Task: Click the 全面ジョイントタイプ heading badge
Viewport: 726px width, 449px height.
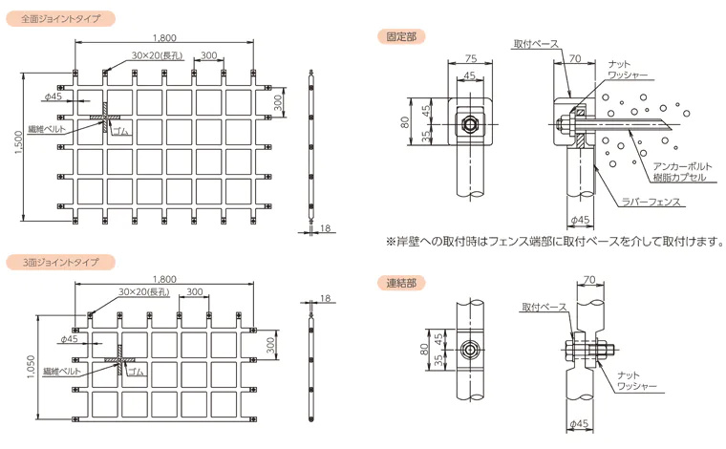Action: tap(60, 19)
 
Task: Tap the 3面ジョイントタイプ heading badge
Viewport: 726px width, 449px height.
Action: tap(60, 263)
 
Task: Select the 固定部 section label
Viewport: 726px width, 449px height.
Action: tap(401, 36)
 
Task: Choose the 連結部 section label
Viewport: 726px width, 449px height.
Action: tap(401, 283)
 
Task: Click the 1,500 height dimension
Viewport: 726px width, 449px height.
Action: tap(18, 142)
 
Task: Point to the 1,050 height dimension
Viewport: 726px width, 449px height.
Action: tap(31, 367)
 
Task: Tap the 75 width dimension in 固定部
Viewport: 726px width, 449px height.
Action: tap(470, 58)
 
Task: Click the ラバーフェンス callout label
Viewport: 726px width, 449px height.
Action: tap(651, 202)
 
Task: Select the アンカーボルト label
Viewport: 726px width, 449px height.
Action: tap(682, 166)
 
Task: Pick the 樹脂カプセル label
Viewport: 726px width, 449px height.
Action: tap(679, 178)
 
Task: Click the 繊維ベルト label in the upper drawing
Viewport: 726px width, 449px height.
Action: tap(47, 129)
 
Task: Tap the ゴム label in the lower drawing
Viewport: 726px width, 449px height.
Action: tap(136, 372)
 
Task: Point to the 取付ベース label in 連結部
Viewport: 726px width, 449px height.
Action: tap(544, 307)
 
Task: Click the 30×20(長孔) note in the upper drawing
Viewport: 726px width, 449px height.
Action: tap(158, 55)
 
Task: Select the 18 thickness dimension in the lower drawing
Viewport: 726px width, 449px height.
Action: tap(326, 298)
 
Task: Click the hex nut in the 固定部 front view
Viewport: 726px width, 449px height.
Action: tap(470, 124)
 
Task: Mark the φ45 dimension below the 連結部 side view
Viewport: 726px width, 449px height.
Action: tap(579, 423)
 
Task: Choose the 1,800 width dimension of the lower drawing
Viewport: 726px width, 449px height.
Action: tap(165, 279)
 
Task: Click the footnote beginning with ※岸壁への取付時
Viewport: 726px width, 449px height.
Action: tap(554, 241)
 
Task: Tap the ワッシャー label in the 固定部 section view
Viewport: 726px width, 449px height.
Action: tap(628, 75)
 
